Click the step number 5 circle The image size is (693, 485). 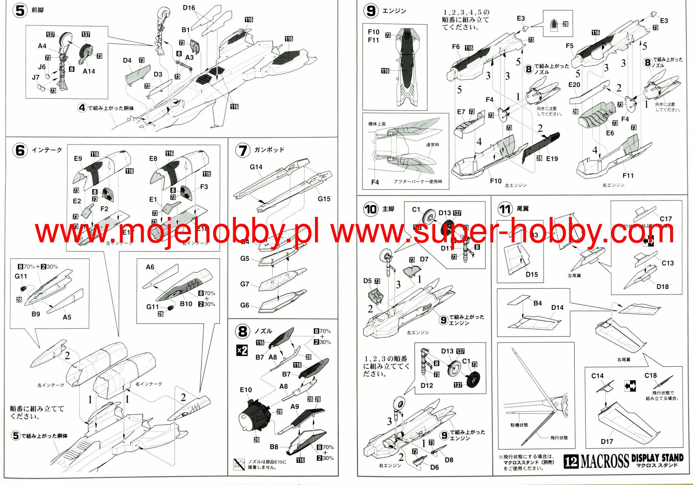(x=20, y=10)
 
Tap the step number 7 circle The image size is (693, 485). (x=243, y=150)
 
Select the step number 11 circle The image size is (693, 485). (x=505, y=209)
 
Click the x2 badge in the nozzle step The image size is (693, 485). (x=242, y=350)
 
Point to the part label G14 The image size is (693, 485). (x=256, y=167)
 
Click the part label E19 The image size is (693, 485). (x=552, y=159)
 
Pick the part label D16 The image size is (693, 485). (x=189, y=8)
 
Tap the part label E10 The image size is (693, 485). (x=246, y=390)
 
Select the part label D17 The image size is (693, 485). (x=607, y=441)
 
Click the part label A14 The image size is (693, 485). (x=89, y=71)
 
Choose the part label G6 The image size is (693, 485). (x=244, y=305)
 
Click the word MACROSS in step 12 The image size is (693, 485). (x=604, y=461)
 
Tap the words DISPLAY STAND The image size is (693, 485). (x=657, y=458)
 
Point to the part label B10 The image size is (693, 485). (x=186, y=304)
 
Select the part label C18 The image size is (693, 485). (x=650, y=375)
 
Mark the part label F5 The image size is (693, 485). (x=569, y=46)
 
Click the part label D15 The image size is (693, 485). (x=532, y=274)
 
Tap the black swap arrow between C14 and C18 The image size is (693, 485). (x=630, y=386)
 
